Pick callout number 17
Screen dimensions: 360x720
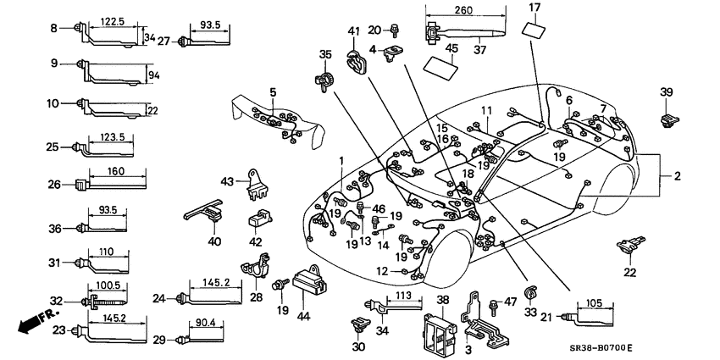click(534, 8)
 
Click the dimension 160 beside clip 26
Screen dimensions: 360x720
click(118, 172)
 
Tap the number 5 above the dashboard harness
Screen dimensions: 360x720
click(273, 91)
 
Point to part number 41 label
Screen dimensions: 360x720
click(353, 32)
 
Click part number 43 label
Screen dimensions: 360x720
click(227, 181)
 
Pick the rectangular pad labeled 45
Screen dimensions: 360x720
click(441, 66)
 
